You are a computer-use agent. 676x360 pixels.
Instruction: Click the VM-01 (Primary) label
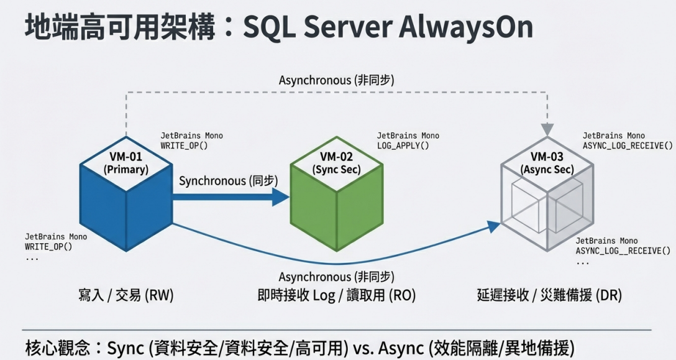click(126, 163)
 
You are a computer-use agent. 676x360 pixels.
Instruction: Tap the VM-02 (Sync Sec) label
click(336, 163)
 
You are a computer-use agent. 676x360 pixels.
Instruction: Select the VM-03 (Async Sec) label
click(547, 163)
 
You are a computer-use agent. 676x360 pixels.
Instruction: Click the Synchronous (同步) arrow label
click(229, 180)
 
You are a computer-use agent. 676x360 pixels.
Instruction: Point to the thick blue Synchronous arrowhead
click(281, 197)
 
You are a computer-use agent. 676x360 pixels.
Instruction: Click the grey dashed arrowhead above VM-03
click(547, 129)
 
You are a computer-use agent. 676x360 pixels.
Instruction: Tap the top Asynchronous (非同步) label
click(336, 80)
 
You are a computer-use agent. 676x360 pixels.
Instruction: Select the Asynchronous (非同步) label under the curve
click(336, 277)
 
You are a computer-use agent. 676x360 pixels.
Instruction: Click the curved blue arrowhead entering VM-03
click(494, 226)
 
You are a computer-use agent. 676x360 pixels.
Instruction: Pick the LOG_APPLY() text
click(403, 146)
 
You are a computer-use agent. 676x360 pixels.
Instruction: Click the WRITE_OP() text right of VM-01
click(184, 146)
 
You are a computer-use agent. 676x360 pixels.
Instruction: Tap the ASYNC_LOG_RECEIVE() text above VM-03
click(628, 146)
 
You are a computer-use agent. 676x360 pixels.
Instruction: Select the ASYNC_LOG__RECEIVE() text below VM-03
click(623, 251)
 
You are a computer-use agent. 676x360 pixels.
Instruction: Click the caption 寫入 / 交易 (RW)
click(126, 295)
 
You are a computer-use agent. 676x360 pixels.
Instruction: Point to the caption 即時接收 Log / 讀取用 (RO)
click(336, 295)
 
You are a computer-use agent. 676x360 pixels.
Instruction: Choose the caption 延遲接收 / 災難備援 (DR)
click(549, 295)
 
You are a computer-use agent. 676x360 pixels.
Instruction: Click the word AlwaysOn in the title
click(466, 27)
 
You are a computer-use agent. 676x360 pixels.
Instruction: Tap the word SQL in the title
click(270, 27)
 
